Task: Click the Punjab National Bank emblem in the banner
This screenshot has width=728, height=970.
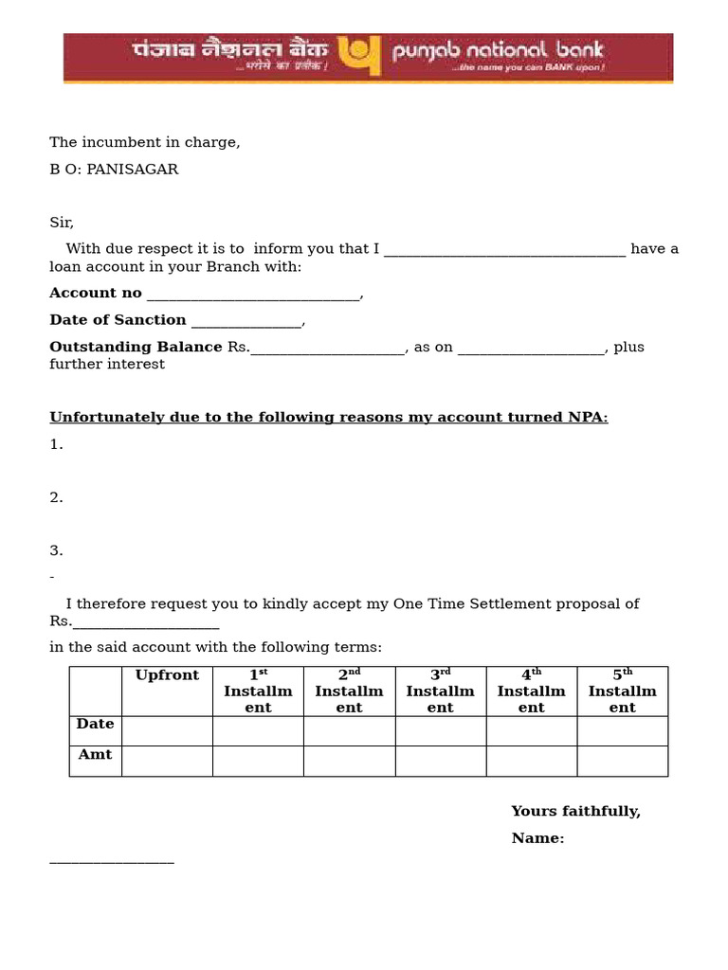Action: [360, 57]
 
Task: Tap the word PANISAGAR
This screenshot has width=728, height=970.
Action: [132, 170]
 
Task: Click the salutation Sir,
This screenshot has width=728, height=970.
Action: [62, 223]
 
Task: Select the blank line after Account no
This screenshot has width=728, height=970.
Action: [253, 295]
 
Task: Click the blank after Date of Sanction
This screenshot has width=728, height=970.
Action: [246, 321]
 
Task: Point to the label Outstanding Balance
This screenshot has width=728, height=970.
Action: [136, 347]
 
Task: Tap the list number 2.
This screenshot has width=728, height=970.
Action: [56, 497]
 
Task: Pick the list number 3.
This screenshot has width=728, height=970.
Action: [56, 550]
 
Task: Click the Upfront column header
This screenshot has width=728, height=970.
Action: [167, 675]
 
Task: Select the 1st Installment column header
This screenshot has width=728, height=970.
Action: [258, 691]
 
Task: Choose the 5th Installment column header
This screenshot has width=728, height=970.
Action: [622, 691]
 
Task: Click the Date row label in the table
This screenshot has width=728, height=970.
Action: [95, 724]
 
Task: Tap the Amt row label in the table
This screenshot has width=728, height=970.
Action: [95, 755]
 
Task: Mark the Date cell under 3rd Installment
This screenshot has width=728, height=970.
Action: [440, 730]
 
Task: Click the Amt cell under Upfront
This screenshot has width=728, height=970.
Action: [167, 761]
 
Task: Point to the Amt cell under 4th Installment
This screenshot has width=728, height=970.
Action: [531, 761]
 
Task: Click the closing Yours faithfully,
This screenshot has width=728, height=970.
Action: [575, 812]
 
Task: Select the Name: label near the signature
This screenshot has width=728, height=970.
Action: [537, 838]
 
